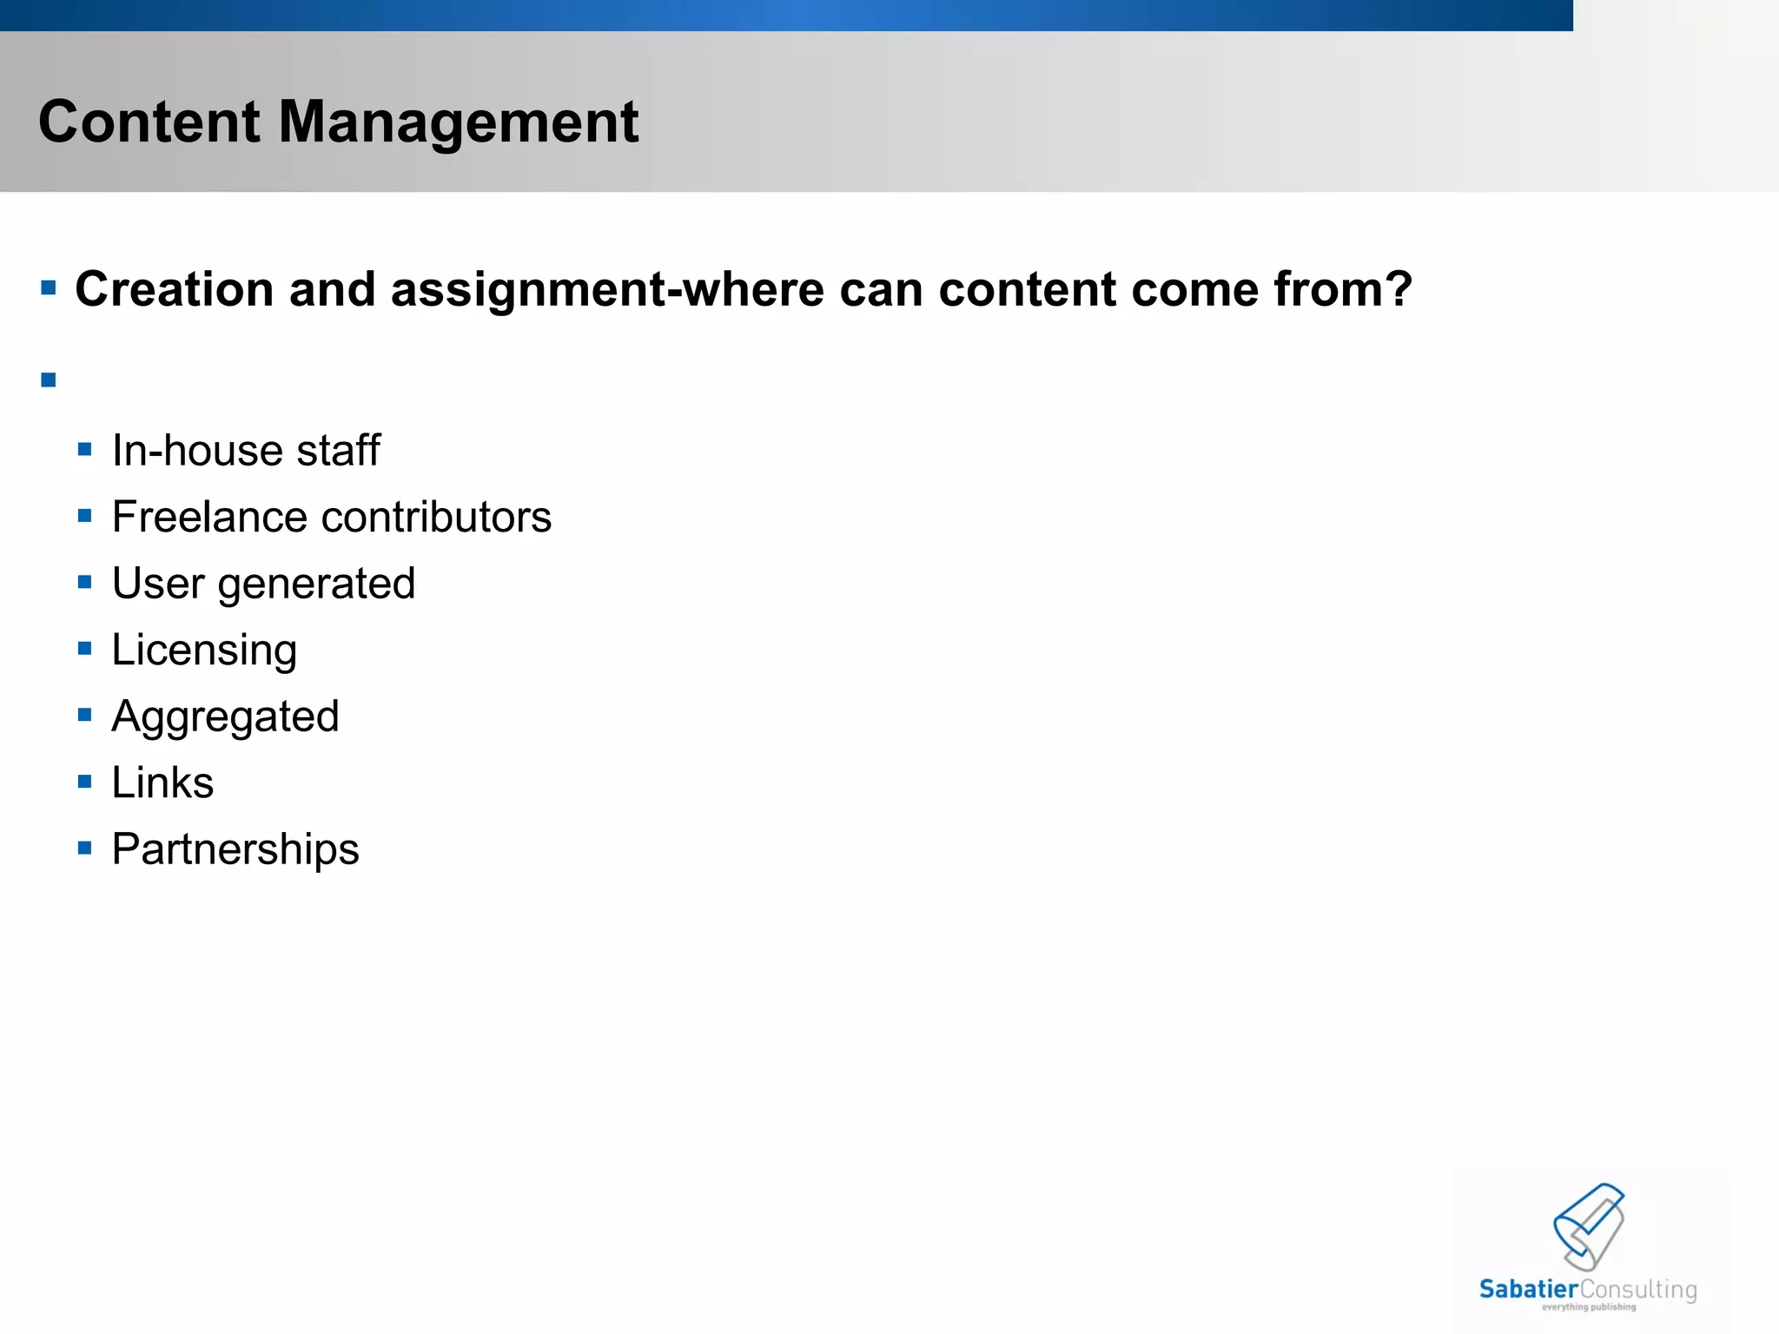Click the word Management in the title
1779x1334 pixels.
point(458,122)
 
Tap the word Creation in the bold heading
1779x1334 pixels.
point(175,289)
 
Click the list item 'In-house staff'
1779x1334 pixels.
point(246,451)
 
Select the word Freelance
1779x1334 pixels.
point(209,518)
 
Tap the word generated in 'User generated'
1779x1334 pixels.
point(316,584)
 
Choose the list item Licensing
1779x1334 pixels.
point(204,650)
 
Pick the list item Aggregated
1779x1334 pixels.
point(225,717)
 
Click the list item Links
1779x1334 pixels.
point(162,783)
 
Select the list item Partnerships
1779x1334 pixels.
point(235,849)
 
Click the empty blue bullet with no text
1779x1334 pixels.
point(49,380)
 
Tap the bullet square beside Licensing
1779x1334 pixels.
point(84,649)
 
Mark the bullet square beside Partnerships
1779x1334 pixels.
point(84,848)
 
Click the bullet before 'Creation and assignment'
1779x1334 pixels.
point(49,287)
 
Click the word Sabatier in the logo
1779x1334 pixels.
point(1528,1290)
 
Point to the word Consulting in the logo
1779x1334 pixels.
point(1638,1290)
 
